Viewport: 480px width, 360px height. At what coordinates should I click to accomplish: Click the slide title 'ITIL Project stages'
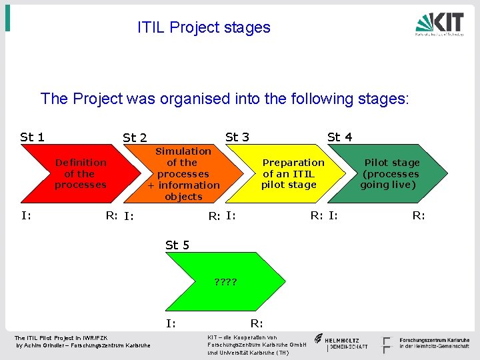point(203,27)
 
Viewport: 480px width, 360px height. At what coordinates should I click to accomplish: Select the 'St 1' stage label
point(32,137)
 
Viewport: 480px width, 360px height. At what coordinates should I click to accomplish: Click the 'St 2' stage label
point(135,138)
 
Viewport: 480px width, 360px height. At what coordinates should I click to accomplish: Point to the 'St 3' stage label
point(237,137)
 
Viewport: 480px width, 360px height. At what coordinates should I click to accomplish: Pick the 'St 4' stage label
point(339,137)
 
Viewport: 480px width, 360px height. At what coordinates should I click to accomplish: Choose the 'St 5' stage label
point(177,245)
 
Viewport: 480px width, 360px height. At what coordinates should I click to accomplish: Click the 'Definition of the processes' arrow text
point(80,173)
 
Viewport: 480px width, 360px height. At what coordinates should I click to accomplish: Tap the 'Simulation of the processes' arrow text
point(183,174)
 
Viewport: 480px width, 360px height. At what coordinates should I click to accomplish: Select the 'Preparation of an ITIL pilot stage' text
point(292,173)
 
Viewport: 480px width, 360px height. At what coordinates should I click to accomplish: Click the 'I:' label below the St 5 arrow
point(171,324)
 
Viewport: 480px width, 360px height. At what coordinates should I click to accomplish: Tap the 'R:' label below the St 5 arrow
point(256,324)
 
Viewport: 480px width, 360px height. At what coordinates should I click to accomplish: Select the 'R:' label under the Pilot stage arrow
point(418,215)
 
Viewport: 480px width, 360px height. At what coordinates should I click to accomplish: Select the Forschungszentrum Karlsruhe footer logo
point(427,343)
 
